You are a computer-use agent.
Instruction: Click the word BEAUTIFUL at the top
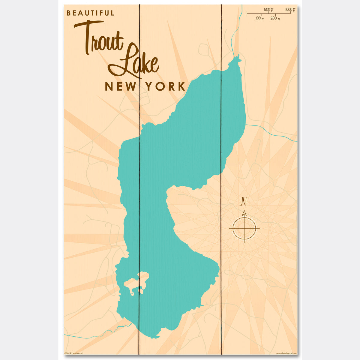tap(90, 13)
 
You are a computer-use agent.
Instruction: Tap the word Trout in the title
tap(99, 39)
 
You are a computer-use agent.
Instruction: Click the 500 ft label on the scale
tap(268, 10)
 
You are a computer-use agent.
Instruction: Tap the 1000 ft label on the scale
tap(290, 10)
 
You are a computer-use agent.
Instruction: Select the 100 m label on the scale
tap(260, 18)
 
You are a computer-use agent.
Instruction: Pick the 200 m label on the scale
tap(275, 18)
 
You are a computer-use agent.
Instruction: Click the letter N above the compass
tap(244, 202)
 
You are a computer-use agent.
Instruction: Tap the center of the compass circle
tap(244, 228)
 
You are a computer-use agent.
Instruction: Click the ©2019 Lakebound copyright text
tap(73, 353)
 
